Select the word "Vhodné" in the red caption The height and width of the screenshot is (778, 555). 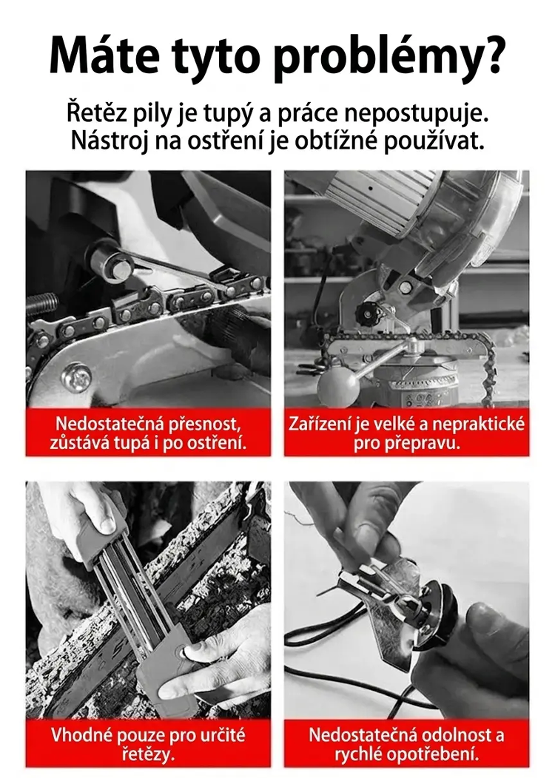pyautogui.click(x=81, y=734)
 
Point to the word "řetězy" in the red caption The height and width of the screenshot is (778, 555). pyautogui.click(x=149, y=754)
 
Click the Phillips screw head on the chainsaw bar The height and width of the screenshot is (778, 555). pyautogui.click(x=76, y=377)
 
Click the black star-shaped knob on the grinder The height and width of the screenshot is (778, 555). pyautogui.click(x=369, y=313)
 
